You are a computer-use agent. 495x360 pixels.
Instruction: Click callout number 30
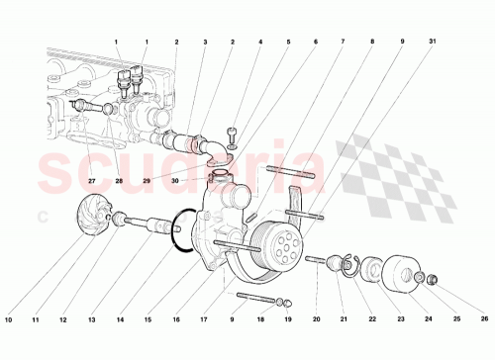204,181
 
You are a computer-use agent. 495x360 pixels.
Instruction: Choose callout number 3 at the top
205,43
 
